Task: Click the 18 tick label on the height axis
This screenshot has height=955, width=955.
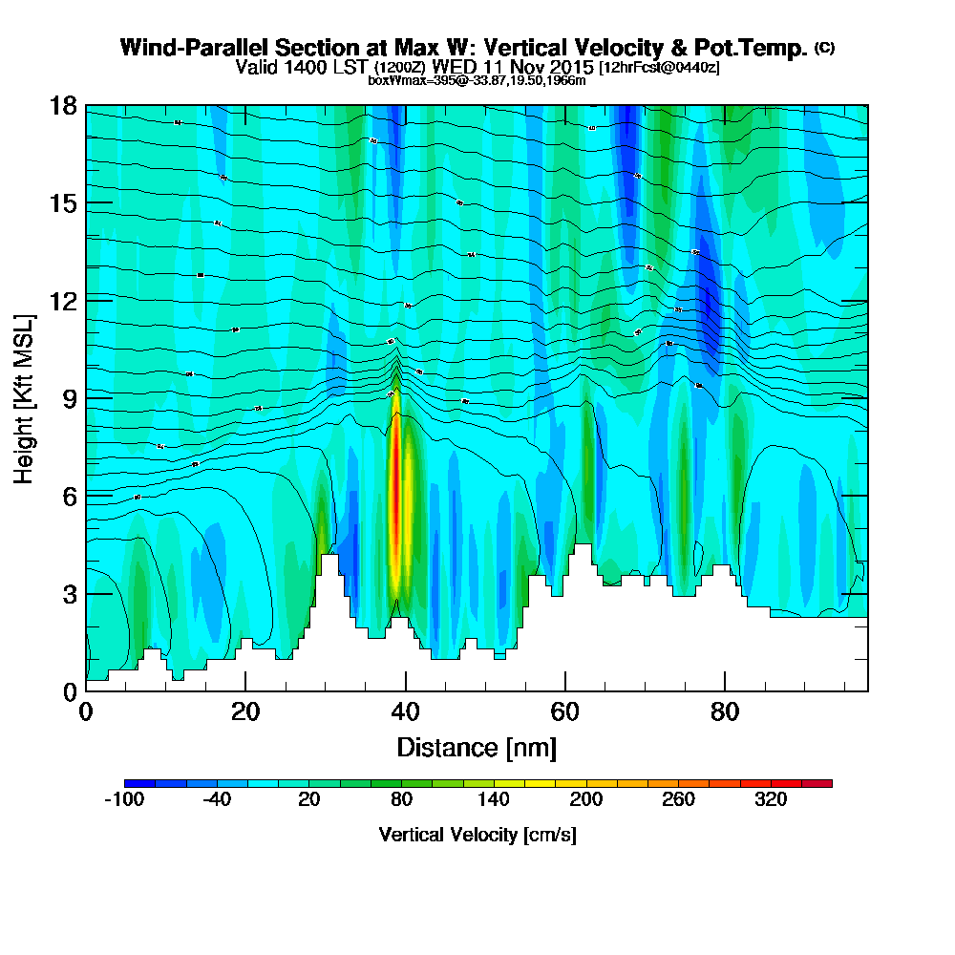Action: coord(63,105)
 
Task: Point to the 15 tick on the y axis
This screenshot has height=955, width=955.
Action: coord(63,202)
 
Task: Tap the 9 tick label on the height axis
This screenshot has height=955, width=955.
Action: coord(70,397)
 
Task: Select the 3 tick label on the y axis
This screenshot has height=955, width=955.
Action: coord(70,593)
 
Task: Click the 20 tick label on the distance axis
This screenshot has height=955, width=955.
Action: coord(245,712)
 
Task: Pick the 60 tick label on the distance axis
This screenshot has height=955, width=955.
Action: coord(565,712)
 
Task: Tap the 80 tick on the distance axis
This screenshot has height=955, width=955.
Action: coord(726,712)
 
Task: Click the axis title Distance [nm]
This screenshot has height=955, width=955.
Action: coord(477,746)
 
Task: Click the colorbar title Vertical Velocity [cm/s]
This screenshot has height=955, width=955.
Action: coord(477,835)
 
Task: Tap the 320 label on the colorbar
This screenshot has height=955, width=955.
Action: coord(770,800)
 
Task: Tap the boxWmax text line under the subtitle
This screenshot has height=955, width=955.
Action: coord(477,80)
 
